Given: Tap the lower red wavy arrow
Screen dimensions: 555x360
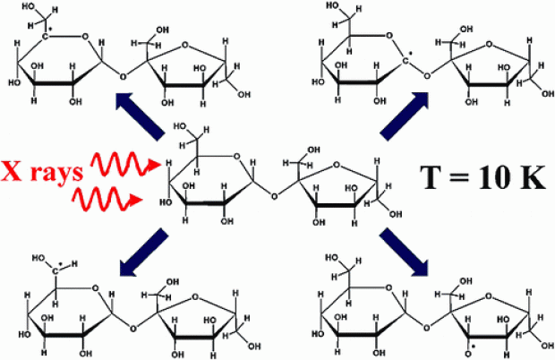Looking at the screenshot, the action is [x=108, y=200].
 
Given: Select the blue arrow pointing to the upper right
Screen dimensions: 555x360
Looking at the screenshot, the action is [x=405, y=116].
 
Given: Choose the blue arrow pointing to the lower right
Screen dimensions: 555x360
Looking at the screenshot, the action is [x=405, y=252].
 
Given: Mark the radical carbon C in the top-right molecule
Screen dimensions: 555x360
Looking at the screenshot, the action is [x=406, y=62].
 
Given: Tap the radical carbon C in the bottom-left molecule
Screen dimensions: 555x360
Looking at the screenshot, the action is [x=55, y=270].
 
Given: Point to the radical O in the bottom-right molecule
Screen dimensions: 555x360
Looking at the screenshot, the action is [x=469, y=352].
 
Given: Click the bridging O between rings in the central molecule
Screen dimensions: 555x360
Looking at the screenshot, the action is [x=274, y=195].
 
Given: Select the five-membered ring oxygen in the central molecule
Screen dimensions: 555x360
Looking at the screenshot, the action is [x=337, y=165].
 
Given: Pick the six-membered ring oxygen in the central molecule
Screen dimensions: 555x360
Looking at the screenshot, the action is [x=237, y=157].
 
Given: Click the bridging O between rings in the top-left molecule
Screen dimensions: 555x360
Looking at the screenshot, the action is [x=123, y=76].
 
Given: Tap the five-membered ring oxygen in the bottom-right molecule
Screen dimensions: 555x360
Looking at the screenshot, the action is [x=489, y=296].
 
